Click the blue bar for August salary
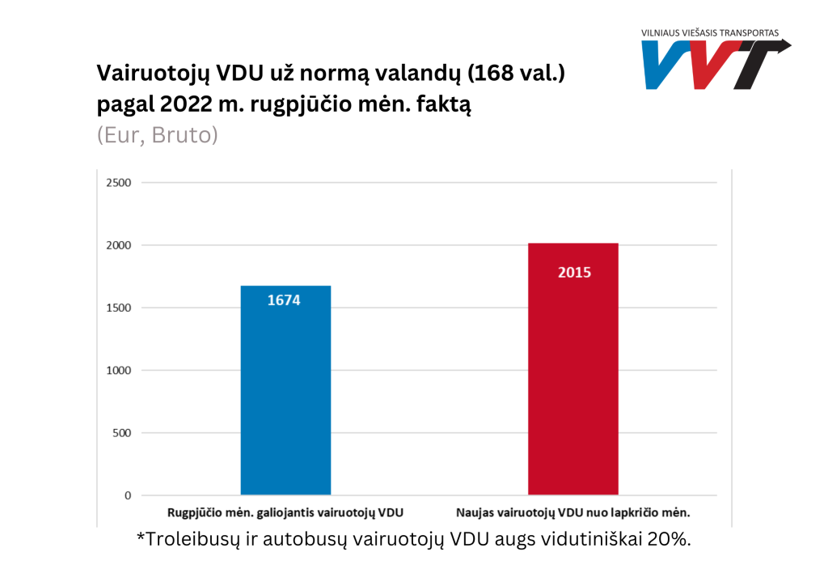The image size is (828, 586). [x=285, y=397]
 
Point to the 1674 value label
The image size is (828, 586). [x=284, y=300]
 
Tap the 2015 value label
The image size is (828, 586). [x=574, y=272]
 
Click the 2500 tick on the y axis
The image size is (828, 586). [x=118, y=182]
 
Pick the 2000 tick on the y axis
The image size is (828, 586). [x=118, y=245]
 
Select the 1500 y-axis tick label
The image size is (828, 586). [x=118, y=308]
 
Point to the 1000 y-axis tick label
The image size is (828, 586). [x=118, y=370]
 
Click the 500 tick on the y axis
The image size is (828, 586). [x=121, y=433]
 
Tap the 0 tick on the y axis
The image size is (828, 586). [x=128, y=495]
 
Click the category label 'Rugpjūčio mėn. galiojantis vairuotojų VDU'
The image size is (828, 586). [x=285, y=512]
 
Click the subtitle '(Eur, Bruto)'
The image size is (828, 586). [x=157, y=135]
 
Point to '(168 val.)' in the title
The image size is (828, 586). [x=514, y=74]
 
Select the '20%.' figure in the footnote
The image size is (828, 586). [x=670, y=539]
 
